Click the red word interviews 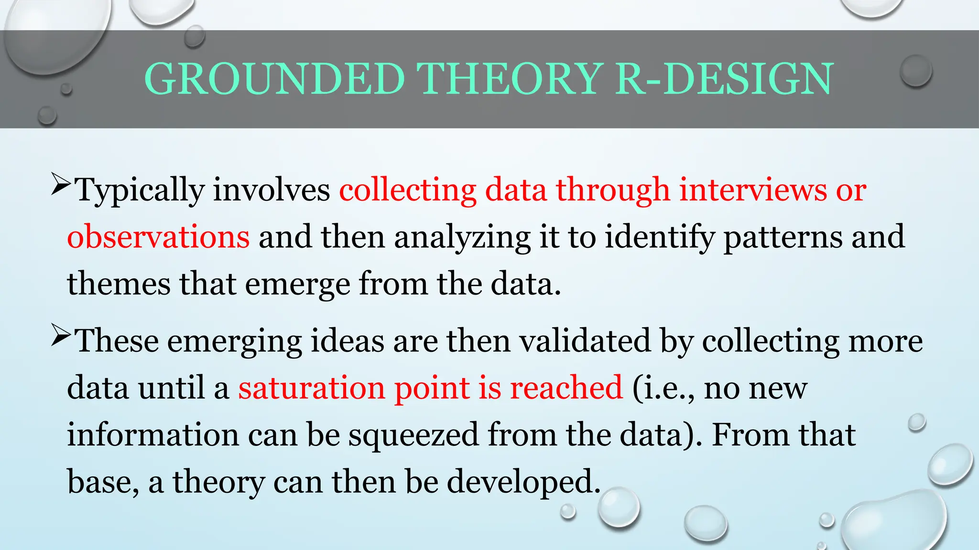753,190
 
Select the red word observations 158,237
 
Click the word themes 119,284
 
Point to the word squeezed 413,435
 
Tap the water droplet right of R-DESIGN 915,71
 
